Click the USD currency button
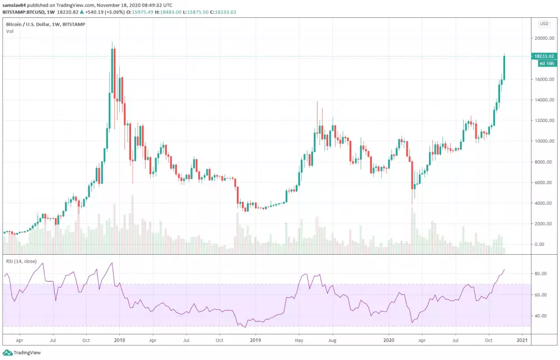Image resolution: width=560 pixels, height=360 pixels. coord(544,24)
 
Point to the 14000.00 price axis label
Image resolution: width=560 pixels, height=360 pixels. coord(543,100)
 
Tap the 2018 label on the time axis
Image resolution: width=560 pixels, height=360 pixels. coord(119,339)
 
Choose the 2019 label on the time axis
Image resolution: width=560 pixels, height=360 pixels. coord(255,339)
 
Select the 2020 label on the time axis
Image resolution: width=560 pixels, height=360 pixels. coord(390,339)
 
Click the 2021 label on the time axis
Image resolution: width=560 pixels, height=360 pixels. coord(521,339)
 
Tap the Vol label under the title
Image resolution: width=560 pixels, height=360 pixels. coord(10,31)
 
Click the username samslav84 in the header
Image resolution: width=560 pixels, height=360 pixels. coord(15,6)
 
